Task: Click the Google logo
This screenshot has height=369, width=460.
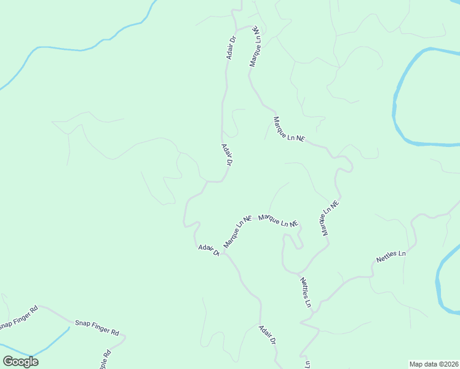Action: [20, 362]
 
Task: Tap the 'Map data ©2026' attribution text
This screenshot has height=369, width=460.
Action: [434, 364]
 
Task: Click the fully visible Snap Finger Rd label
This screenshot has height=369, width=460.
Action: [97, 327]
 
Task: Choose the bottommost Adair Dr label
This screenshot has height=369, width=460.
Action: [267, 336]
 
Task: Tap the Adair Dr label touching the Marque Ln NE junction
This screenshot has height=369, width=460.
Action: [209, 250]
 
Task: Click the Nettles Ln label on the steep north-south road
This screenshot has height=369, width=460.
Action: [306, 292]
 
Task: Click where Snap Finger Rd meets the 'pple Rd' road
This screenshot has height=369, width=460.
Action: [125, 337]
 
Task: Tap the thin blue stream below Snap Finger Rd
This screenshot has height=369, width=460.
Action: [52, 341]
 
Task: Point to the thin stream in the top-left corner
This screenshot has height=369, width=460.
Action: [74, 46]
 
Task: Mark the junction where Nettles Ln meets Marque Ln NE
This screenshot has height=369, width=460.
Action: [298, 273]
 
